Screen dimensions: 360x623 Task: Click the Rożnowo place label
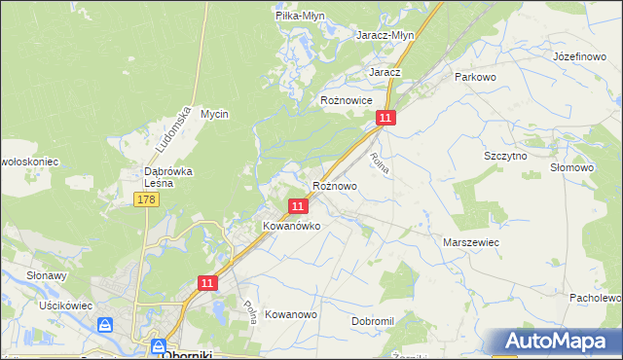click(334, 185)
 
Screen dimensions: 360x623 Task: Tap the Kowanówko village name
click(292, 225)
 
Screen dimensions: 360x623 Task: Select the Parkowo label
click(476, 76)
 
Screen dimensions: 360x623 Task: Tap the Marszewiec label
click(472, 241)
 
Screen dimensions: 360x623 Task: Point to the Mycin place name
click(214, 114)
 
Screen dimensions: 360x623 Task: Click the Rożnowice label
click(347, 100)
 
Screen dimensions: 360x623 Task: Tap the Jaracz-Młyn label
click(386, 34)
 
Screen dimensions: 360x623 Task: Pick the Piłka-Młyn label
click(300, 16)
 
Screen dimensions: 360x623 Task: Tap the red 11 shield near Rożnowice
click(386, 118)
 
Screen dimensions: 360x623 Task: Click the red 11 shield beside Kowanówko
click(299, 205)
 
